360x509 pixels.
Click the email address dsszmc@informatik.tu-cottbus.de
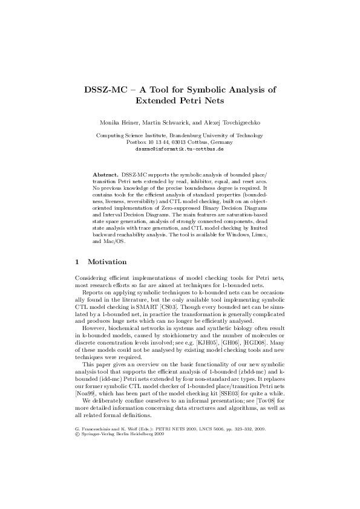(180, 148)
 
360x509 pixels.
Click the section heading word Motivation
(107, 262)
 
